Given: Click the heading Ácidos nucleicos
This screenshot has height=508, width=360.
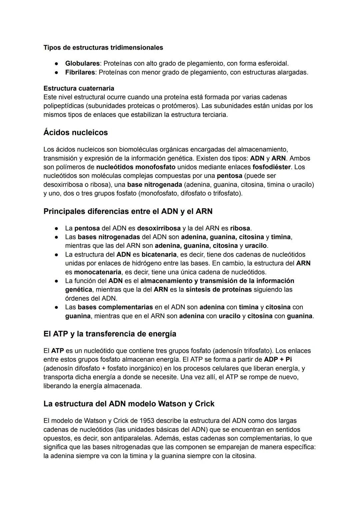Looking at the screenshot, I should coord(75,133).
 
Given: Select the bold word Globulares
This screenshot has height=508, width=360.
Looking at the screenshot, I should coord(82,63).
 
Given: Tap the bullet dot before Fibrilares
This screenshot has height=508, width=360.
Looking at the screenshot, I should coord(57,72).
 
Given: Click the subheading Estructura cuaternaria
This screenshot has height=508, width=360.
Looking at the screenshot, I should coord(79,88).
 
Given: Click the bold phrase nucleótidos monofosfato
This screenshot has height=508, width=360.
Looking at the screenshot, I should coord(136,167).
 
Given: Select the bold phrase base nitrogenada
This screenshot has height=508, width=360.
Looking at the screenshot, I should coord(155,185).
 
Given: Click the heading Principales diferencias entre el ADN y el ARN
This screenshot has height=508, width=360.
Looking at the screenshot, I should coord(128,212).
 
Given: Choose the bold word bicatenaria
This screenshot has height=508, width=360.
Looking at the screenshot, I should coord(159,255).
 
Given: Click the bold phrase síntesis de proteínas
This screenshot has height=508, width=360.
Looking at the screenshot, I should coord(219,289).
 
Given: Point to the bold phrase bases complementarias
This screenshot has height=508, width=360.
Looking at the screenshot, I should coord(115,307).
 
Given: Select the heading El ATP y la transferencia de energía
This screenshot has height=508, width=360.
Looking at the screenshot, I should coord(110,334).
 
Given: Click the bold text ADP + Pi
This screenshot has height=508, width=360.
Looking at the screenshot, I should coord(278,360).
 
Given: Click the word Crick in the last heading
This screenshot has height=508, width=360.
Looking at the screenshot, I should coord(204,404).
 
